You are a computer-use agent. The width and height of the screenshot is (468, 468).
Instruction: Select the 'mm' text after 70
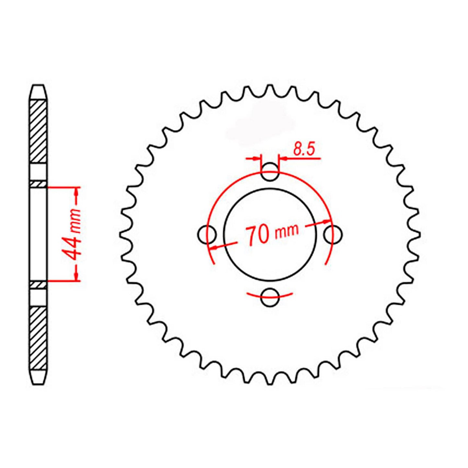click(286, 231)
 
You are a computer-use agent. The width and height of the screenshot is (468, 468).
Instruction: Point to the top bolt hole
click(270, 173)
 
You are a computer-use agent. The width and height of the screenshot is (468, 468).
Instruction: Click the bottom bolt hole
click(270, 297)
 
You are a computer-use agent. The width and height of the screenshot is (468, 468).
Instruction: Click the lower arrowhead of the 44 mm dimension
click(76, 276)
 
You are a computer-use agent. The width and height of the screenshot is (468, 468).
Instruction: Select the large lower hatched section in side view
click(38, 338)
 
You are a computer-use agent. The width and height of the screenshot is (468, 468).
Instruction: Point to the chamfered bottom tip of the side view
click(38, 379)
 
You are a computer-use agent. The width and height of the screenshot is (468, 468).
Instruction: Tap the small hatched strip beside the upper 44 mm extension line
click(38, 184)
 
